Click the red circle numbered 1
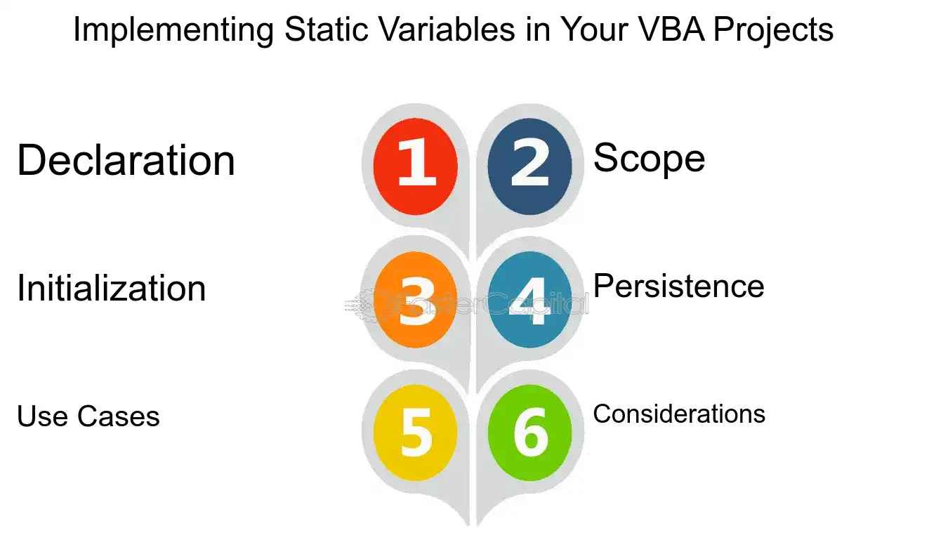pyautogui.click(x=416, y=166)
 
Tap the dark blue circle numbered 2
pyautogui.click(x=530, y=166)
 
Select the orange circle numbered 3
pyautogui.click(x=416, y=300)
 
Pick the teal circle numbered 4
pyautogui.click(x=530, y=300)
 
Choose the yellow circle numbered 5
pyautogui.click(x=416, y=433)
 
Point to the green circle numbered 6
pyautogui.click(x=530, y=433)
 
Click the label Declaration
pyautogui.click(x=126, y=160)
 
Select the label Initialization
pyautogui.click(x=112, y=288)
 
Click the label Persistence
pyautogui.click(x=679, y=286)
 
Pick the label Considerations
pyautogui.click(x=679, y=414)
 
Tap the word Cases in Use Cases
pyautogui.click(x=119, y=416)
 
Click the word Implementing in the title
pyautogui.click(x=173, y=30)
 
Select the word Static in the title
pyautogui.click(x=327, y=29)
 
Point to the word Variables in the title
pyautogui.click(x=447, y=29)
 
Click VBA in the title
pyautogui.click(x=671, y=29)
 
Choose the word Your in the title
pyautogui.click(x=594, y=29)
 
